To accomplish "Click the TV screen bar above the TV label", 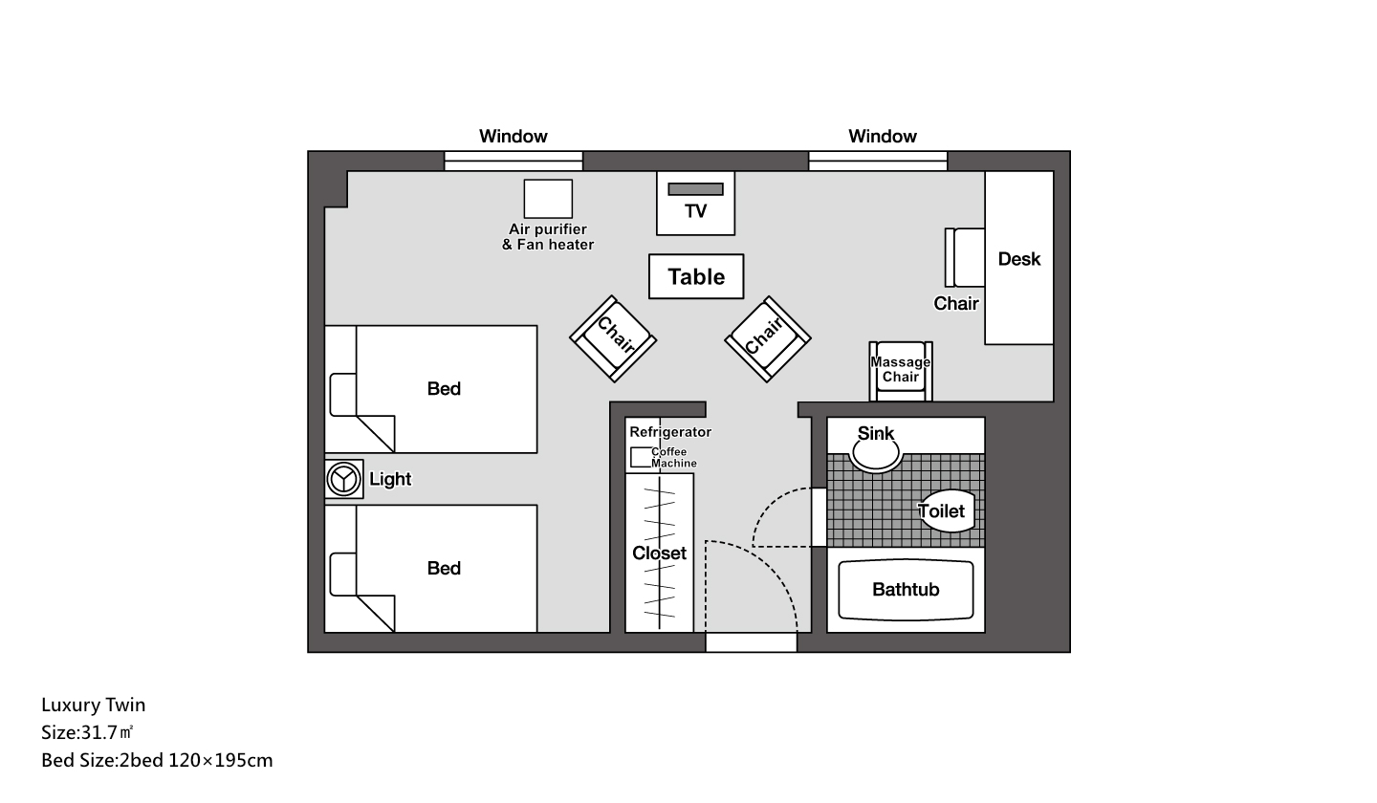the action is pos(695,189).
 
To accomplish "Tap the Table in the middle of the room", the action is pos(696,276).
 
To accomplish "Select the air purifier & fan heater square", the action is pos(548,199).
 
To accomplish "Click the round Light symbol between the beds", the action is pos(343,479).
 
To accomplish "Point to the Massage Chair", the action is pos(901,371).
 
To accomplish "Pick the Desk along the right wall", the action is pos(1018,257).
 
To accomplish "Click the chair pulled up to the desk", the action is pos(965,257).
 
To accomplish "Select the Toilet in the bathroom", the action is pos(948,510).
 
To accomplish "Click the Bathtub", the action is pos(906,590).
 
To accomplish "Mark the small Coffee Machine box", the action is pos(641,457).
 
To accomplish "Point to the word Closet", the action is pos(659,553).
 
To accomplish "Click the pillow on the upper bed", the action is pos(342,395).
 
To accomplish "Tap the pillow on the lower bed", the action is pos(342,574).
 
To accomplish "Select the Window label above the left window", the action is pos(514,136).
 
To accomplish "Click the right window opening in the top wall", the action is pos(878,161).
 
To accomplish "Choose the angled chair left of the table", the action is pos(613,338).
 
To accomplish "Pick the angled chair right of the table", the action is pos(768,338).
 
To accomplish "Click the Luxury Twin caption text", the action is pos(94,705).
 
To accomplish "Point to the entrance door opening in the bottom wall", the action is pos(752,642).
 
